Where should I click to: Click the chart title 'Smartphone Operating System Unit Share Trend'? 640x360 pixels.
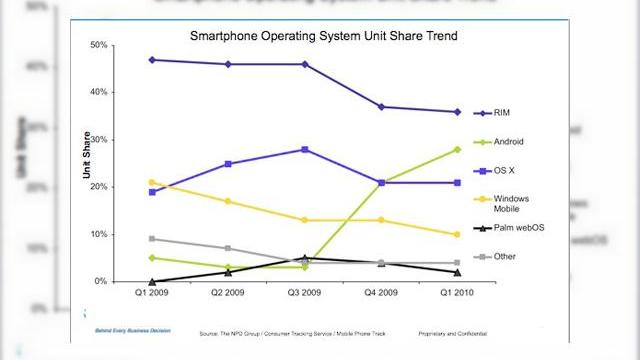[x=309, y=37]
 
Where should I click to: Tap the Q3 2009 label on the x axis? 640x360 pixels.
[x=304, y=295]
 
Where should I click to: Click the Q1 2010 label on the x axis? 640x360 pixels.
[x=456, y=295]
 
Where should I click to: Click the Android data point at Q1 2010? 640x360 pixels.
[x=457, y=149]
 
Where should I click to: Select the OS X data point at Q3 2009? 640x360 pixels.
[x=304, y=149]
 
